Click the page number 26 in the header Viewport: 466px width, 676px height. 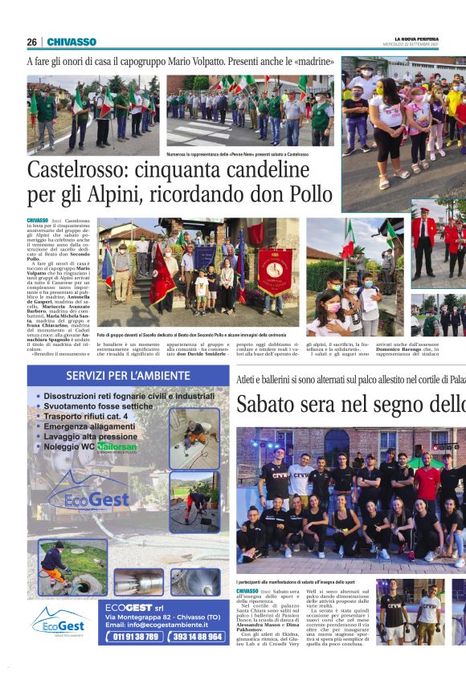pos(31,42)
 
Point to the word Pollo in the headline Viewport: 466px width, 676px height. pos(305,194)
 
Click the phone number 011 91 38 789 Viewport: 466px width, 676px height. pos(136,636)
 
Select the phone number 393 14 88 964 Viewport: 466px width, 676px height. pos(196,636)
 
